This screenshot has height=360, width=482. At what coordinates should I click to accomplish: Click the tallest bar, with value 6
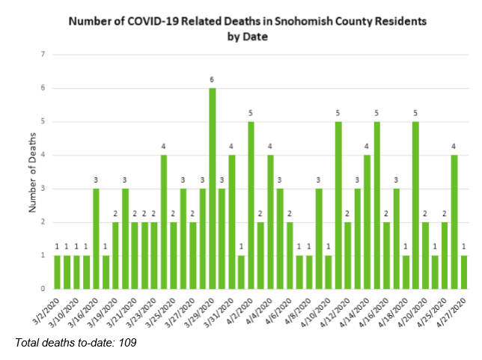(213, 188)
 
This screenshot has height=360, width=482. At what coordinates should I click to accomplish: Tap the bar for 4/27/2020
(465, 272)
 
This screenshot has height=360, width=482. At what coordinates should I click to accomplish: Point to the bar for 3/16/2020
(96, 239)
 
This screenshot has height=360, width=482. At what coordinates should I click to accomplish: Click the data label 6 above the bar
(213, 79)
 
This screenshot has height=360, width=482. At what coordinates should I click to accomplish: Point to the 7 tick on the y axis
(44, 55)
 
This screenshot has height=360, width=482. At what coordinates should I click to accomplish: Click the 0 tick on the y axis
(44, 289)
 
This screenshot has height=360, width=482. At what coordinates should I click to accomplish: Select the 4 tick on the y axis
(44, 155)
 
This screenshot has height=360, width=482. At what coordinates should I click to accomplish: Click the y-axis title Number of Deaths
(31, 172)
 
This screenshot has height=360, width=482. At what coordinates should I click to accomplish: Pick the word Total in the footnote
(28, 342)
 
